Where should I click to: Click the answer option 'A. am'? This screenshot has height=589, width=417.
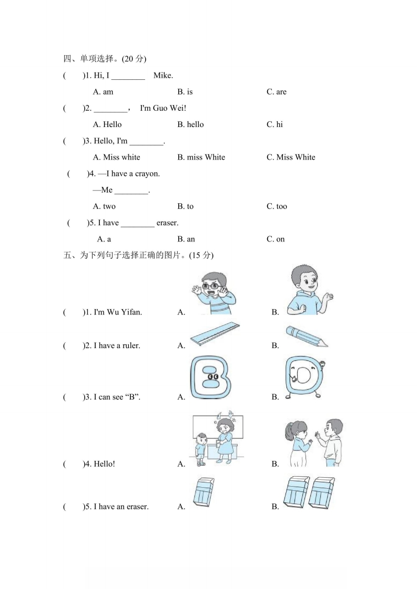(103, 92)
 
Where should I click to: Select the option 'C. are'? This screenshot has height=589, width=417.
(277, 92)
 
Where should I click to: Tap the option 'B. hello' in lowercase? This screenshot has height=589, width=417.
(190, 125)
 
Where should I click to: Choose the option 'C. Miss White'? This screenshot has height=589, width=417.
(291, 157)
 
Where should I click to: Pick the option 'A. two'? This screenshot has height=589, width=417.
(104, 207)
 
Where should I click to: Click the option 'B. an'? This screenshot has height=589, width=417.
(186, 239)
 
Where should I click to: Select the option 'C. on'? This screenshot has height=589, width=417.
(276, 239)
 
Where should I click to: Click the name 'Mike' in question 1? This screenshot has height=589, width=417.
(162, 76)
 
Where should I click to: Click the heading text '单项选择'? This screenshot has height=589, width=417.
(97, 59)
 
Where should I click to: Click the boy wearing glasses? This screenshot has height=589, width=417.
(213, 293)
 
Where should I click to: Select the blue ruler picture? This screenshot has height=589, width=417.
(215, 333)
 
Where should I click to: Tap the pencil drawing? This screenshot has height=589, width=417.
(307, 336)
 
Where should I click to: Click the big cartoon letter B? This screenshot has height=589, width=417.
(210, 377)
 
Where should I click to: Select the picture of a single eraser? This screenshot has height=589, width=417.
(204, 492)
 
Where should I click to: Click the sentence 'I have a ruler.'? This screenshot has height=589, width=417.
(117, 345)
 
